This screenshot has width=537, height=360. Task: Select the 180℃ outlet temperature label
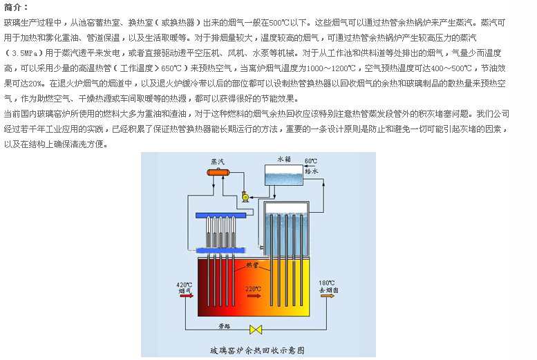coord(327,283)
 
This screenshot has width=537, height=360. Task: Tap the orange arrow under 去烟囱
coord(330,298)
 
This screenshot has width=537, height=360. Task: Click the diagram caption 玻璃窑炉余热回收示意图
coord(258,350)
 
